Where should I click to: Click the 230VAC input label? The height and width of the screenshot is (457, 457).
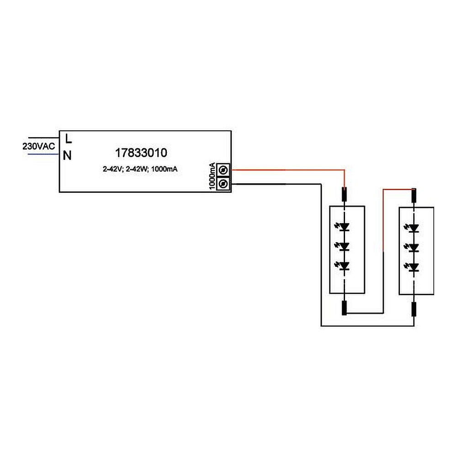tap(39, 146)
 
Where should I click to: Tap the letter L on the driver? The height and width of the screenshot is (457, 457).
tap(69, 139)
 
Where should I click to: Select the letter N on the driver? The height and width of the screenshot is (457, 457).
tap(67, 156)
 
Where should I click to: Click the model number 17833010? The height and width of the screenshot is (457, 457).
tap(141, 153)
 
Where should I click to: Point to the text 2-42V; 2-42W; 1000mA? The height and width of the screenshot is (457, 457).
tap(140, 169)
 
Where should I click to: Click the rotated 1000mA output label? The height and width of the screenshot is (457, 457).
tap(213, 176)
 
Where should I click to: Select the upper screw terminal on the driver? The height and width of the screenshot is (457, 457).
tap(223, 170)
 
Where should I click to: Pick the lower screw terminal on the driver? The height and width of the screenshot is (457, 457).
tap(223, 184)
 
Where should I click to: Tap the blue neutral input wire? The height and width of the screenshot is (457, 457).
tap(43, 154)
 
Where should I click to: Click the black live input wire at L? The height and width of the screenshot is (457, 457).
tap(43, 138)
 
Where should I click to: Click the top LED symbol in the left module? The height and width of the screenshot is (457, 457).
tap(343, 227)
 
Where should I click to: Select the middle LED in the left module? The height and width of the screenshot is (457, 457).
tap(343, 247)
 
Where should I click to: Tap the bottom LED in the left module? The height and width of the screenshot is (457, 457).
tap(343, 266)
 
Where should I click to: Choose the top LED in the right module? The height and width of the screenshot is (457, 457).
tap(412, 228)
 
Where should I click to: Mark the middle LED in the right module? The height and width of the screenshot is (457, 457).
tap(412, 248)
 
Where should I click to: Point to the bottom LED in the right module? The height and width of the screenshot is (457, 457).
tap(412, 267)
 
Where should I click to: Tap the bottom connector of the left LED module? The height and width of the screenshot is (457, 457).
tap(344, 308)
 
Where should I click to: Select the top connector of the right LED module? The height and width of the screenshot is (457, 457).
tap(414, 196)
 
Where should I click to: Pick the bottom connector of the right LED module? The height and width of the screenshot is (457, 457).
tap(414, 309)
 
